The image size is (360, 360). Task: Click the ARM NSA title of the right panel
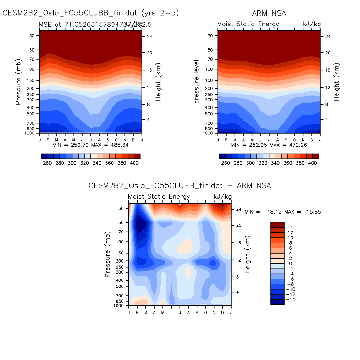[269, 13]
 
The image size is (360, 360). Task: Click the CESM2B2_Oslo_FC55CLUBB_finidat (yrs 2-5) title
[91, 13]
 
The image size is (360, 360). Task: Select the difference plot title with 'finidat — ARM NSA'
[180, 186]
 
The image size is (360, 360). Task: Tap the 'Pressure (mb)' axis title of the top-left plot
[18, 82]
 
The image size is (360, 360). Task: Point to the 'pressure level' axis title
[197, 82]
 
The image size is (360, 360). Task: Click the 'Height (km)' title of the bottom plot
[248, 254]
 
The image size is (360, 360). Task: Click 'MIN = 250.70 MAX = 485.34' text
[90, 145]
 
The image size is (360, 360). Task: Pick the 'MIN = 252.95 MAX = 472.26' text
[269, 145]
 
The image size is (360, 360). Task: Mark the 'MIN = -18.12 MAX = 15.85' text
[283, 212]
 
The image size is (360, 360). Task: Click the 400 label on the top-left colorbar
[134, 163]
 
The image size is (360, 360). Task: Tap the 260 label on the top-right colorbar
[226, 163]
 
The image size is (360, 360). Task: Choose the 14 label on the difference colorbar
[290, 227]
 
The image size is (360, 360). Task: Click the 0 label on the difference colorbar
[290, 264]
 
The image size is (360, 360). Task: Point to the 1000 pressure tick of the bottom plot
[119, 306]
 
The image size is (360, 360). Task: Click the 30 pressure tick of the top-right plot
[210, 36]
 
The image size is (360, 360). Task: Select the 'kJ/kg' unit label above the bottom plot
[222, 197]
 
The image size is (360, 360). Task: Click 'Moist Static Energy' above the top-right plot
[248, 24]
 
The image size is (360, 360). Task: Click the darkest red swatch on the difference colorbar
[277, 225]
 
